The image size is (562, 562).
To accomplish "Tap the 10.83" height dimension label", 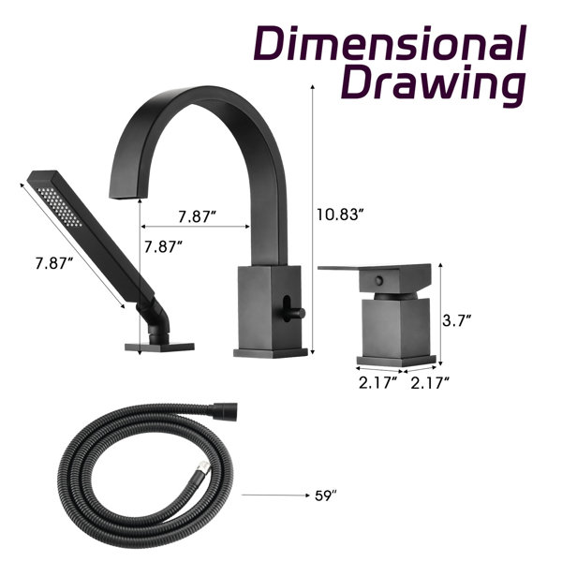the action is (340, 214).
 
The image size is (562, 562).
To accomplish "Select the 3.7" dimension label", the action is (456, 320).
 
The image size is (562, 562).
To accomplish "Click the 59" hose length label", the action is (326, 495).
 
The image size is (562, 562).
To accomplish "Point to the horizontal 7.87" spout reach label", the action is (198, 217).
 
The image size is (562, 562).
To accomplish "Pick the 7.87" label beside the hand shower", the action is (54, 263).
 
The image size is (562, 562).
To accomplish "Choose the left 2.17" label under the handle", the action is (378, 383).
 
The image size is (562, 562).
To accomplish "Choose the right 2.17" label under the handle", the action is (430, 383).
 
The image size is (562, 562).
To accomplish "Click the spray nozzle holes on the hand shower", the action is (60, 207).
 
